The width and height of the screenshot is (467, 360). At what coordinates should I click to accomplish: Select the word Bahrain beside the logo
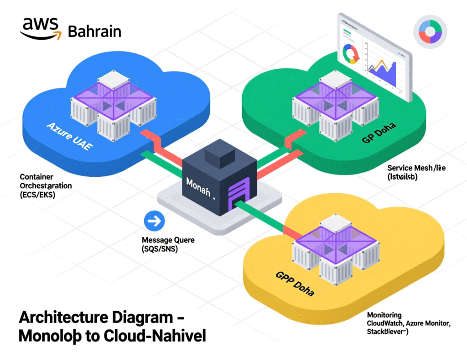[x=94, y=31]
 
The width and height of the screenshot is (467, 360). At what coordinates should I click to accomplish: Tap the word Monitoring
[x=384, y=315]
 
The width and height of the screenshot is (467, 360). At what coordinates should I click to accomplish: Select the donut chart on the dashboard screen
[x=351, y=53]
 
